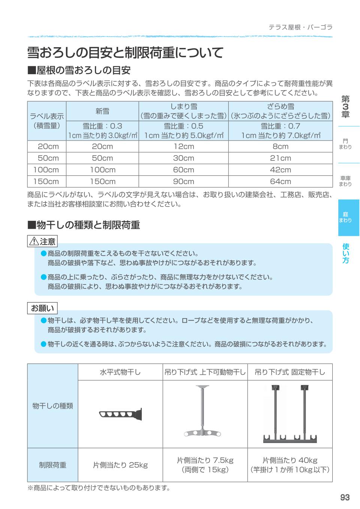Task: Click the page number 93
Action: [345, 497]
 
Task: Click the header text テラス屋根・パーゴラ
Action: [300, 27]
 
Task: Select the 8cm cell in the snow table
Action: [280, 146]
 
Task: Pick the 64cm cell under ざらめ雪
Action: [280, 181]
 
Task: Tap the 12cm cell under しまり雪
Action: [183, 146]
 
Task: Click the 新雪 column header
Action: [102, 111]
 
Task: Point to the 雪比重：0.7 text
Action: [280, 126]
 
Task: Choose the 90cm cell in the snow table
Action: [183, 181]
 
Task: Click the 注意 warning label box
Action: [42, 241]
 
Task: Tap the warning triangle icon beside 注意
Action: [34, 241]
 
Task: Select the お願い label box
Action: [42, 308]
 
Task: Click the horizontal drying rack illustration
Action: [120, 414]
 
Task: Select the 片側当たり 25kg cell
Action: [120, 465]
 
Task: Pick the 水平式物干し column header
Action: [120, 372]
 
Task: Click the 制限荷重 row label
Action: [52, 465]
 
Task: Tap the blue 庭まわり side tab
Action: [348, 217]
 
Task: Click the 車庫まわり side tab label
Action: [345, 181]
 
